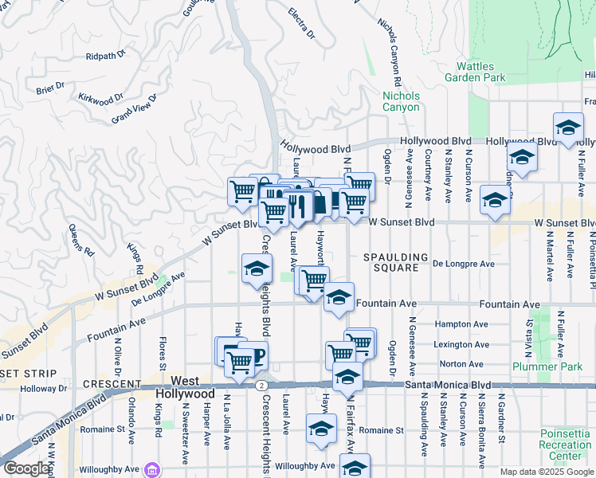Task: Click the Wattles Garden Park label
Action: click(480, 72)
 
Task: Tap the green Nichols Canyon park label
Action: click(401, 101)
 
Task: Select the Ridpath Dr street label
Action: click(106, 56)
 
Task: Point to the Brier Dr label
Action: click(49, 88)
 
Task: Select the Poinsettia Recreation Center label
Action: click(565, 445)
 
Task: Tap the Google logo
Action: click(26, 468)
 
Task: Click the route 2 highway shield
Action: click(261, 386)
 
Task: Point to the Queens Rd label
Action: click(81, 239)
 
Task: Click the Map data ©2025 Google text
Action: click(547, 472)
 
